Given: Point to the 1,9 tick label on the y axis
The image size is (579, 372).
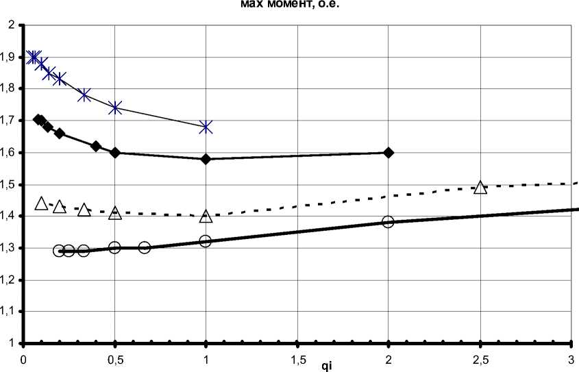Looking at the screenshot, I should click(x=11, y=57).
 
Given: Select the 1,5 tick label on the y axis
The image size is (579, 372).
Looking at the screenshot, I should click(x=11, y=184).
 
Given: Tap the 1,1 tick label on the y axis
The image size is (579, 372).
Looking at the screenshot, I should click(x=11, y=311).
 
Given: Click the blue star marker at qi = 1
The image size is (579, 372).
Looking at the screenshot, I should click(x=206, y=127).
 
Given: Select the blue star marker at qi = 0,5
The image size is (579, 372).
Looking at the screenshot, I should click(x=115, y=108).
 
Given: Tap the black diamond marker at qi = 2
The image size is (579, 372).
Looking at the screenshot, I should click(x=389, y=152).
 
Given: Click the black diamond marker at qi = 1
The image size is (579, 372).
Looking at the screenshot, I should click(x=206, y=159).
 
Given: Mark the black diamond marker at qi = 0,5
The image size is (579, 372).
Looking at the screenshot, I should click(x=115, y=152).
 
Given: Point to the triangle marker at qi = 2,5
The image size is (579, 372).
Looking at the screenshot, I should click(x=480, y=187).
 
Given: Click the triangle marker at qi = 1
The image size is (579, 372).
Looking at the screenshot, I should click(x=206, y=216).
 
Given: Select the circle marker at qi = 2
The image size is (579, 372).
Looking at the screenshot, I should click(x=389, y=222).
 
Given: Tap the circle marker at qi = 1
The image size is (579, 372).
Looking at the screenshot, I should click(x=206, y=241).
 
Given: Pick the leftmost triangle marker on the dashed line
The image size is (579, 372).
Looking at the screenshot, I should click(x=42, y=203).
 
